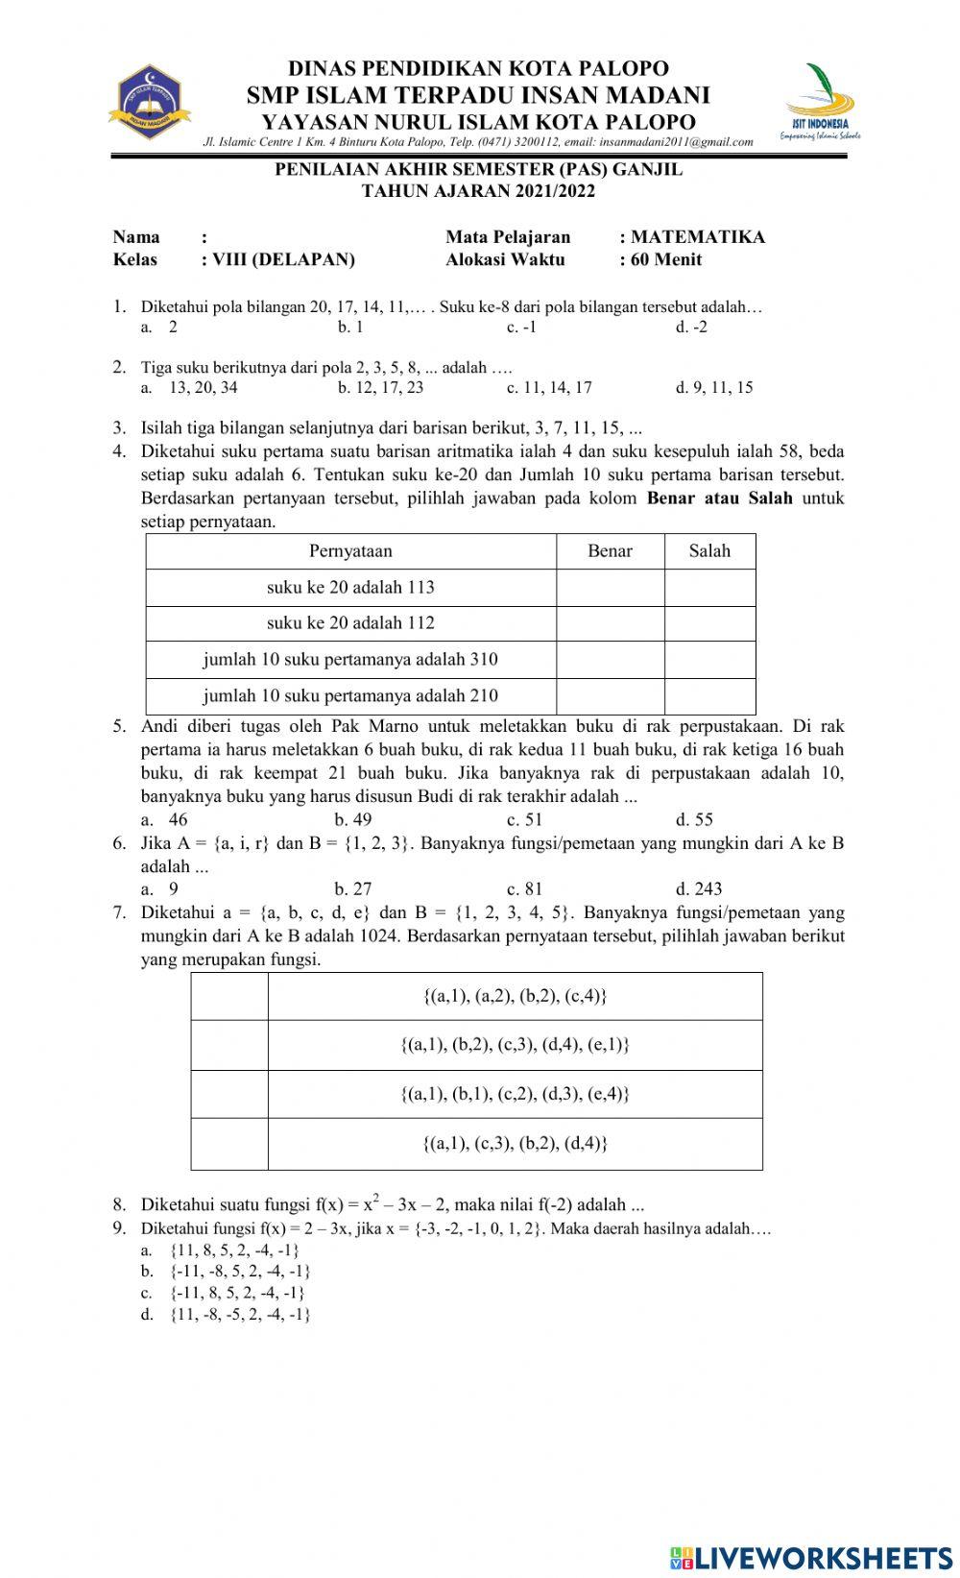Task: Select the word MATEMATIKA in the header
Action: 698,237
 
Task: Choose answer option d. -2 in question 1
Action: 691,327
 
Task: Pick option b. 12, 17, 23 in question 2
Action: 380,388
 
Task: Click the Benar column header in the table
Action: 610,551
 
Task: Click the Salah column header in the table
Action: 709,551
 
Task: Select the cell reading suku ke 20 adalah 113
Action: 350,587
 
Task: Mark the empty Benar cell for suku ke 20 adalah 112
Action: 610,623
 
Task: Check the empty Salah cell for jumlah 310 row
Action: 709,660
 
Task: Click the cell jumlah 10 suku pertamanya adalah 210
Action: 350,695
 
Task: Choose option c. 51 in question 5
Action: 524,819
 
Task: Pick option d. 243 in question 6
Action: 699,888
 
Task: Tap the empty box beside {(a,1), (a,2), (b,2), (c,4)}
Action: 229,996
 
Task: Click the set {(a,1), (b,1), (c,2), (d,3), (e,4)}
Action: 515,1094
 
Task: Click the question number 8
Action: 119,1204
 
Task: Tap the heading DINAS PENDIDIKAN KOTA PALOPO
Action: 479,69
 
